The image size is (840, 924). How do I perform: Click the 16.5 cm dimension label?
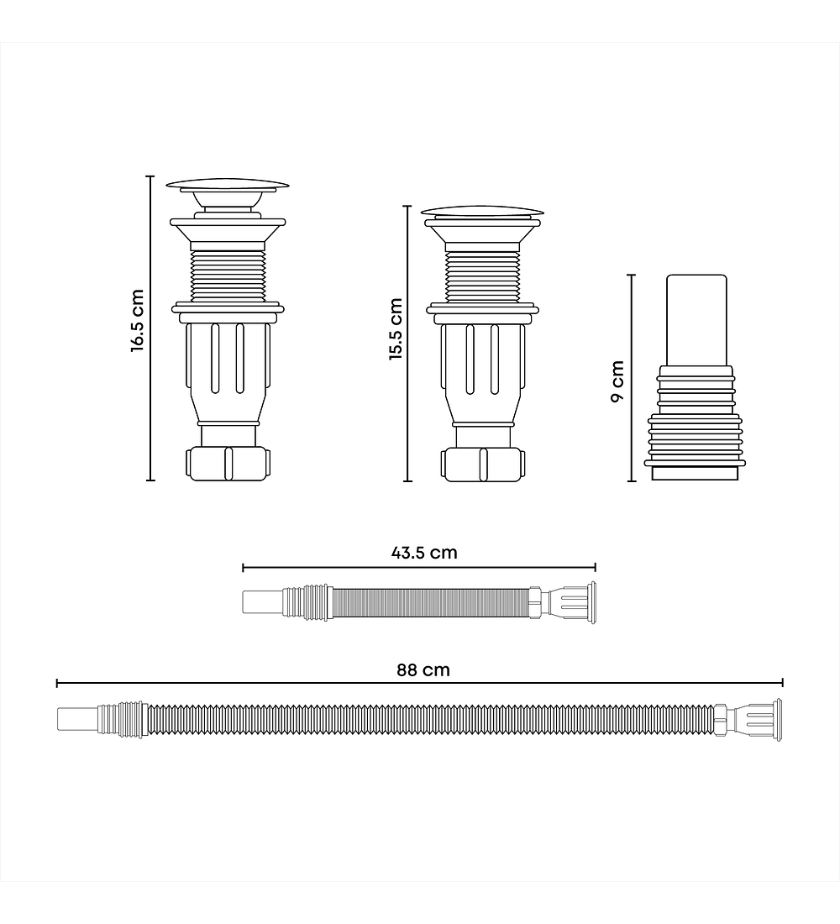click(138, 321)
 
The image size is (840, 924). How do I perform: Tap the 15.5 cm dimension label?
click(396, 328)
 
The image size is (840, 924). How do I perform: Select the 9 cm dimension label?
click(617, 381)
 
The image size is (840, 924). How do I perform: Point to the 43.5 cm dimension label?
click(424, 553)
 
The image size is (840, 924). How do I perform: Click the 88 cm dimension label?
click(423, 670)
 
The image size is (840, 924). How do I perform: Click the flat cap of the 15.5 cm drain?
click(482, 212)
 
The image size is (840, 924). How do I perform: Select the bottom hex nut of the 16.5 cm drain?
click(228, 464)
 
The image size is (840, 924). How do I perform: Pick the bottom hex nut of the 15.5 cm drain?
click(483, 465)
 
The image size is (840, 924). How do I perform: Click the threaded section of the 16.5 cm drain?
click(228, 275)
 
